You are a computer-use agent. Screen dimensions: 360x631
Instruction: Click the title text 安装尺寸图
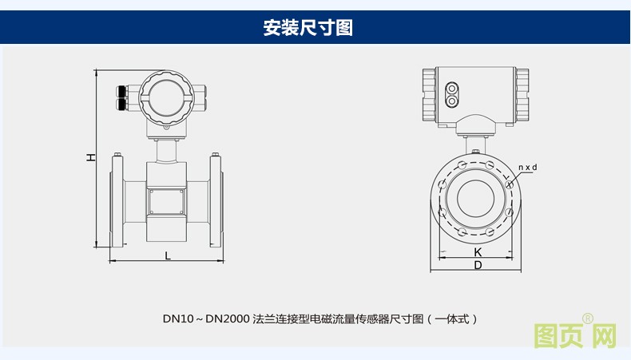pos(308,28)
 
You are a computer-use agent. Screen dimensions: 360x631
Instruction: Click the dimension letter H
pos(91,158)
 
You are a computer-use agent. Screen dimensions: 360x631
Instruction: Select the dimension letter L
pos(167,255)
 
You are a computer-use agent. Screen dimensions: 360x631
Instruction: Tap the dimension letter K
pos(478,251)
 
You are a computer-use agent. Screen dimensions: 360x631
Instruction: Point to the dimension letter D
pos(478,265)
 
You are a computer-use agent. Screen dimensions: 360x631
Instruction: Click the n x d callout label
pos(528,167)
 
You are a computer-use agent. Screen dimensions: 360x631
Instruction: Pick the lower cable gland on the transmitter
pos(121,104)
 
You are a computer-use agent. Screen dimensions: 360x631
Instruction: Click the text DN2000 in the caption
pos(227,318)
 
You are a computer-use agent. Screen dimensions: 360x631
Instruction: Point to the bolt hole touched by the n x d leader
pos(508,182)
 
